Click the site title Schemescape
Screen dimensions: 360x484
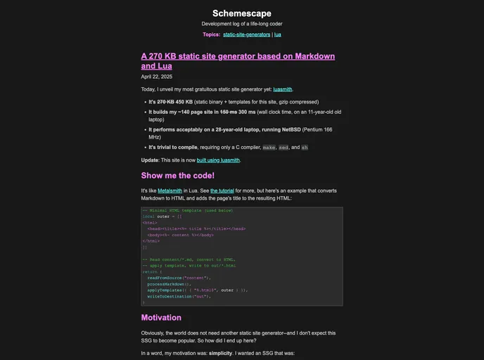[x=241, y=13]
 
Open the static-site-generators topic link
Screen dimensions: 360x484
[x=247, y=34]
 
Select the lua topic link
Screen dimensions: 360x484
[x=278, y=34]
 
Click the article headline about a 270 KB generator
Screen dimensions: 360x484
[x=238, y=60]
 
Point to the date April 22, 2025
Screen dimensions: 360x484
[x=156, y=77]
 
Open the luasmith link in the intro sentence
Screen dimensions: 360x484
[x=283, y=89]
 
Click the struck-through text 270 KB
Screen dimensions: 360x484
[x=166, y=102]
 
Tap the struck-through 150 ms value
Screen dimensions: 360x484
[x=228, y=112]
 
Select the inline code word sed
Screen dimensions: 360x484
[x=284, y=148]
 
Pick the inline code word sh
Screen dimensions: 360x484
[x=304, y=148]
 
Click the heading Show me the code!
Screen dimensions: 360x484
[x=177, y=176]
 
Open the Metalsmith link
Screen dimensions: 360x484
[x=170, y=191]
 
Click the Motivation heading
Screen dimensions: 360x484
[x=161, y=318]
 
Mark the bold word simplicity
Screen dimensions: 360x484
[x=220, y=353]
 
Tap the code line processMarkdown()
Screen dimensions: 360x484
[x=169, y=284]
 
